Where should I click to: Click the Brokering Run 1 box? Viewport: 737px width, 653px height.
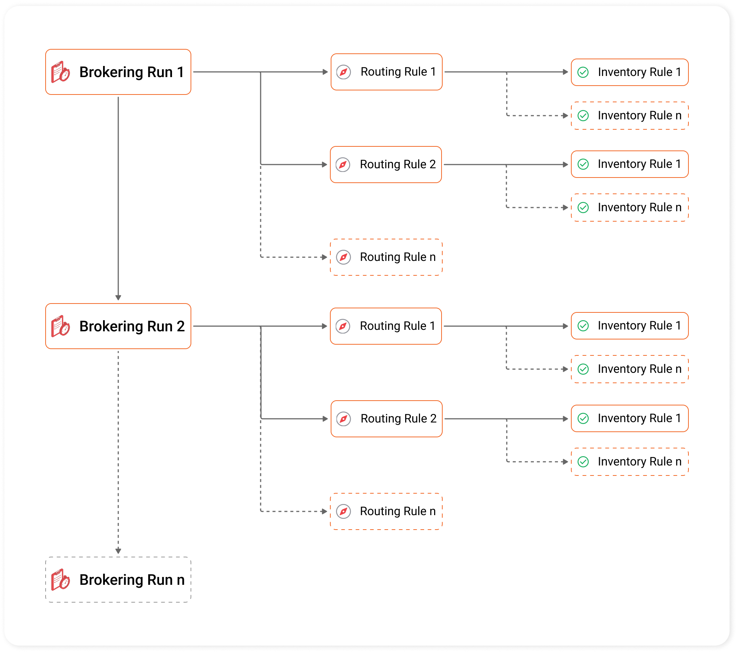click(118, 72)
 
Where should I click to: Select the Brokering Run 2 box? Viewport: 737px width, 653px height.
click(118, 326)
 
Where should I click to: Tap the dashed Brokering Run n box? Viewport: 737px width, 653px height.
click(118, 580)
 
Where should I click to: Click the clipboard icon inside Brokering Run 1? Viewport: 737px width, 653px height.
click(60, 72)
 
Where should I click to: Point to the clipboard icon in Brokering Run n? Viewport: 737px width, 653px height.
click(60, 580)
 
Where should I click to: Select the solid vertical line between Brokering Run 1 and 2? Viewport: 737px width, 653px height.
click(118, 196)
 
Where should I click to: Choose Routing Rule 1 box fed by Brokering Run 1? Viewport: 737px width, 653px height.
click(386, 72)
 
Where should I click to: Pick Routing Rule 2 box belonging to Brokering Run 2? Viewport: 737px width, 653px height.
click(386, 419)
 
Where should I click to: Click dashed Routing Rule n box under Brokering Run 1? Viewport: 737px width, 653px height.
click(386, 257)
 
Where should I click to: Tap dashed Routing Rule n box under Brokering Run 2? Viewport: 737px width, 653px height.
click(386, 511)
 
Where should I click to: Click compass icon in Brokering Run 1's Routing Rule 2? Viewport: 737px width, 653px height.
click(343, 165)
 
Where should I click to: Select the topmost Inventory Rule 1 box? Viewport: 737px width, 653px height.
click(629, 72)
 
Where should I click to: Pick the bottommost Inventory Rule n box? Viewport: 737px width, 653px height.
click(629, 462)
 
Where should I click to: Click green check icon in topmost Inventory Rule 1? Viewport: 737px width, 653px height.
click(583, 72)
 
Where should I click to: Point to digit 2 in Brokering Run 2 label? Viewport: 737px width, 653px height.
click(181, 326)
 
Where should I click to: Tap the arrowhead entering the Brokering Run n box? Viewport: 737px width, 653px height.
click(118, 551)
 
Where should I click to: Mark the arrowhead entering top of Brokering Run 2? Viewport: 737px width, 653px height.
click(118, 297)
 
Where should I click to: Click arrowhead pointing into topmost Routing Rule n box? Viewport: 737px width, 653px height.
click(324, 257)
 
